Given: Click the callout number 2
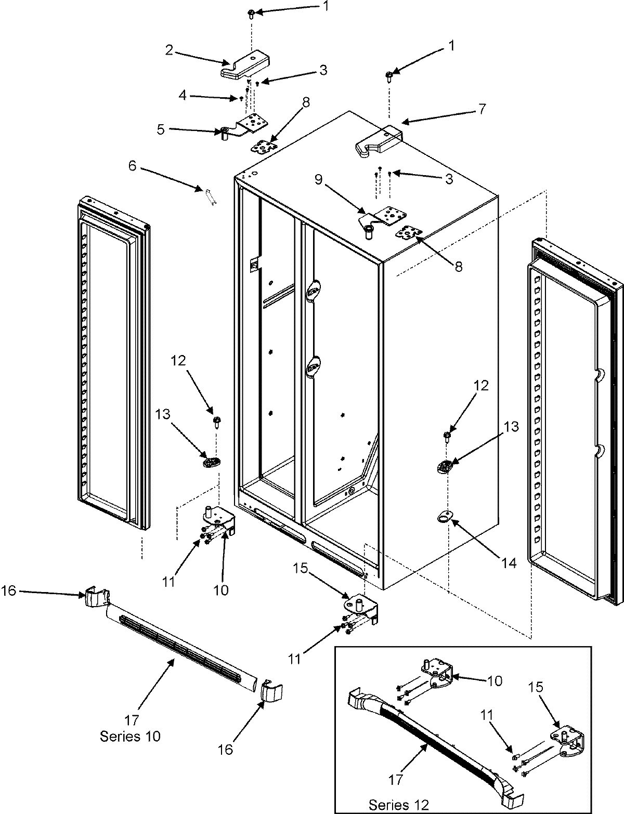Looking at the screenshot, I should coord(169,50).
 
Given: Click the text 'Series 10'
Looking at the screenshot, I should coord(130,736).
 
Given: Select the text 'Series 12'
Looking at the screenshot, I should coord(399,805).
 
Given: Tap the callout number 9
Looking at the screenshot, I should coord(318,180).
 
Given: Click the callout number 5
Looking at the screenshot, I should coord(161,129).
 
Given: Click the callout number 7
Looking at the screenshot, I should coord(482,109).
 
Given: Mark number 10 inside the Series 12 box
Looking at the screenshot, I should coord(495,680).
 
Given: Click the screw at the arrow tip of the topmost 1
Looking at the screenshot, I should coord(251,13).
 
